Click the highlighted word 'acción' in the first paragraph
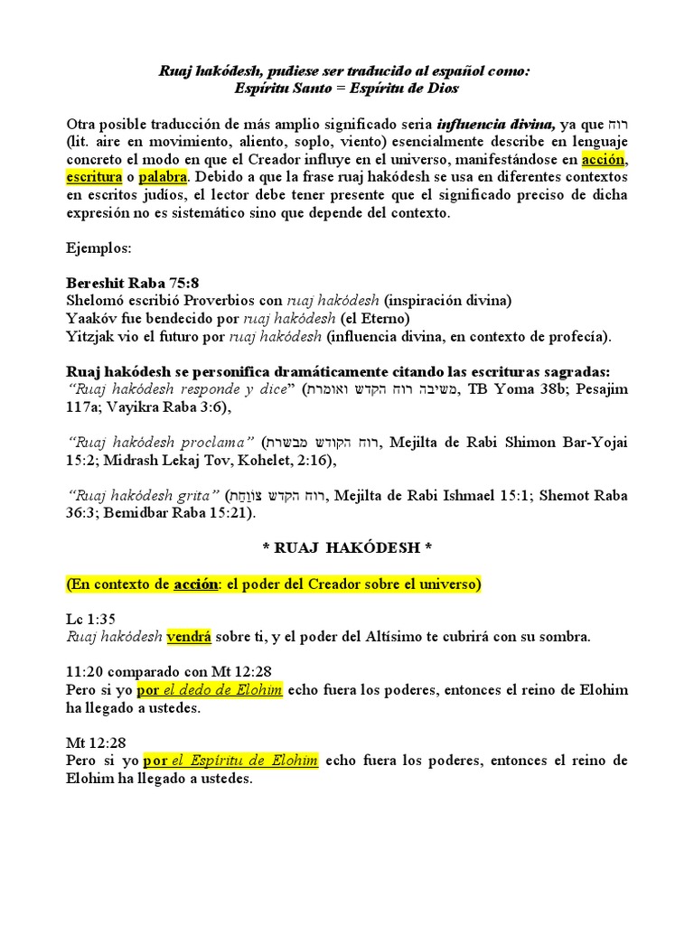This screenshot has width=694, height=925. click(x=604, y=160)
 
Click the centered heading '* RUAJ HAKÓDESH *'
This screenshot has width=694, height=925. click(x=347, y=548)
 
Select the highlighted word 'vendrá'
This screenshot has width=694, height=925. click(x=189, y=637)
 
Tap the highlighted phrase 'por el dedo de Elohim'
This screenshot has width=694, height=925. click(x=211, y=690)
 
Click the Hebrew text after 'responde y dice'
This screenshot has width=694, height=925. click(x=382, y=389)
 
